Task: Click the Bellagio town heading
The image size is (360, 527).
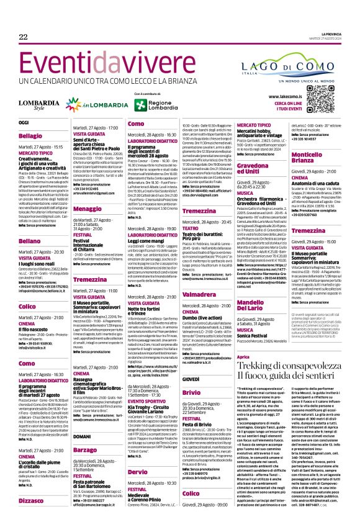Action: (x=31, y=135)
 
